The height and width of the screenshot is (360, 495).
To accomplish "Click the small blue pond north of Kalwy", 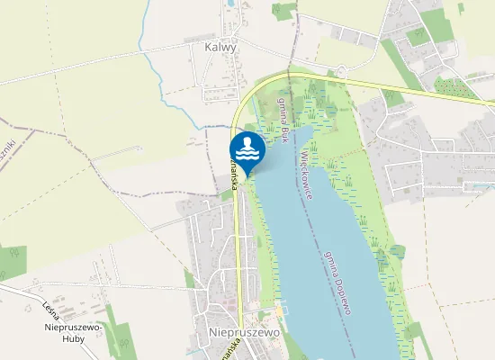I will point(231,4).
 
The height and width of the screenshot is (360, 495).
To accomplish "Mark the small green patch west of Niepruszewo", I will point(189,279).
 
